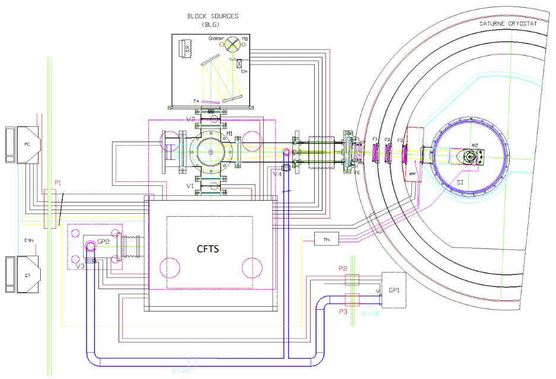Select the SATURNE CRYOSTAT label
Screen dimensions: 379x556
pos(509,23)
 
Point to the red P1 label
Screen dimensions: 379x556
pos(58,183)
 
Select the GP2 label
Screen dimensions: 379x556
pos(104,242)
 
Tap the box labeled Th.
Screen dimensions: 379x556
pos(326,240)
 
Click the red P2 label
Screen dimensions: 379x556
pos(343,268)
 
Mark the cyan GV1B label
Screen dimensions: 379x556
pos(370,314)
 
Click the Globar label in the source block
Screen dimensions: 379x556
pos(215,39)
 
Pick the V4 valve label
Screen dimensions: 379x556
pos(277,174)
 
